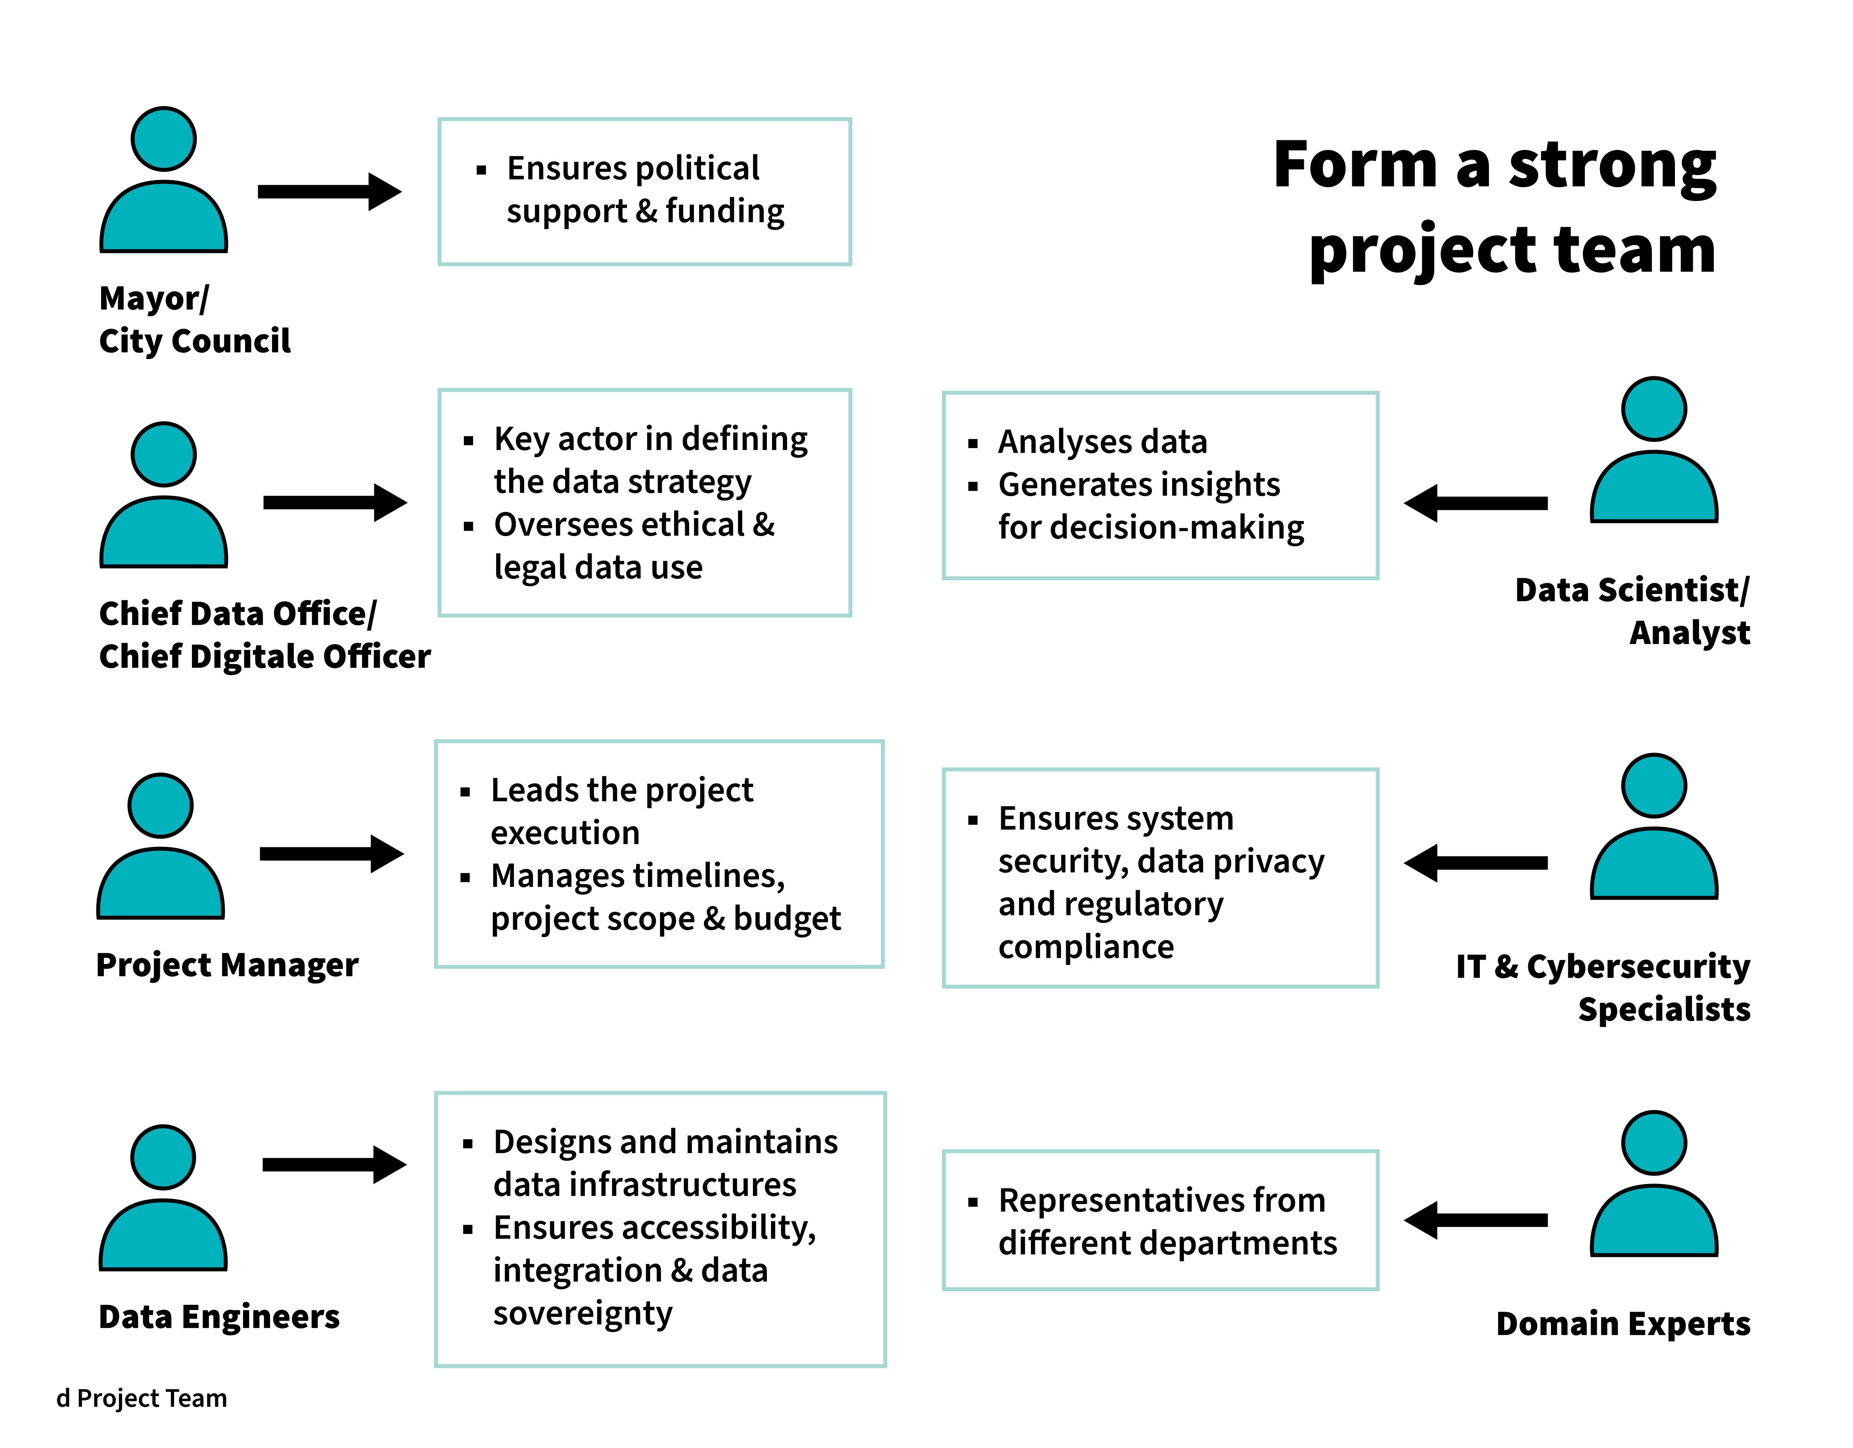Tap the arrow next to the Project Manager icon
click(331, 853)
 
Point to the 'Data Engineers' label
click(219, 1316)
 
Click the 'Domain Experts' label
click(1622, 1324)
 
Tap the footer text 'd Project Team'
click(142, 1398)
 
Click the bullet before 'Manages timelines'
click(465, 877)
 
